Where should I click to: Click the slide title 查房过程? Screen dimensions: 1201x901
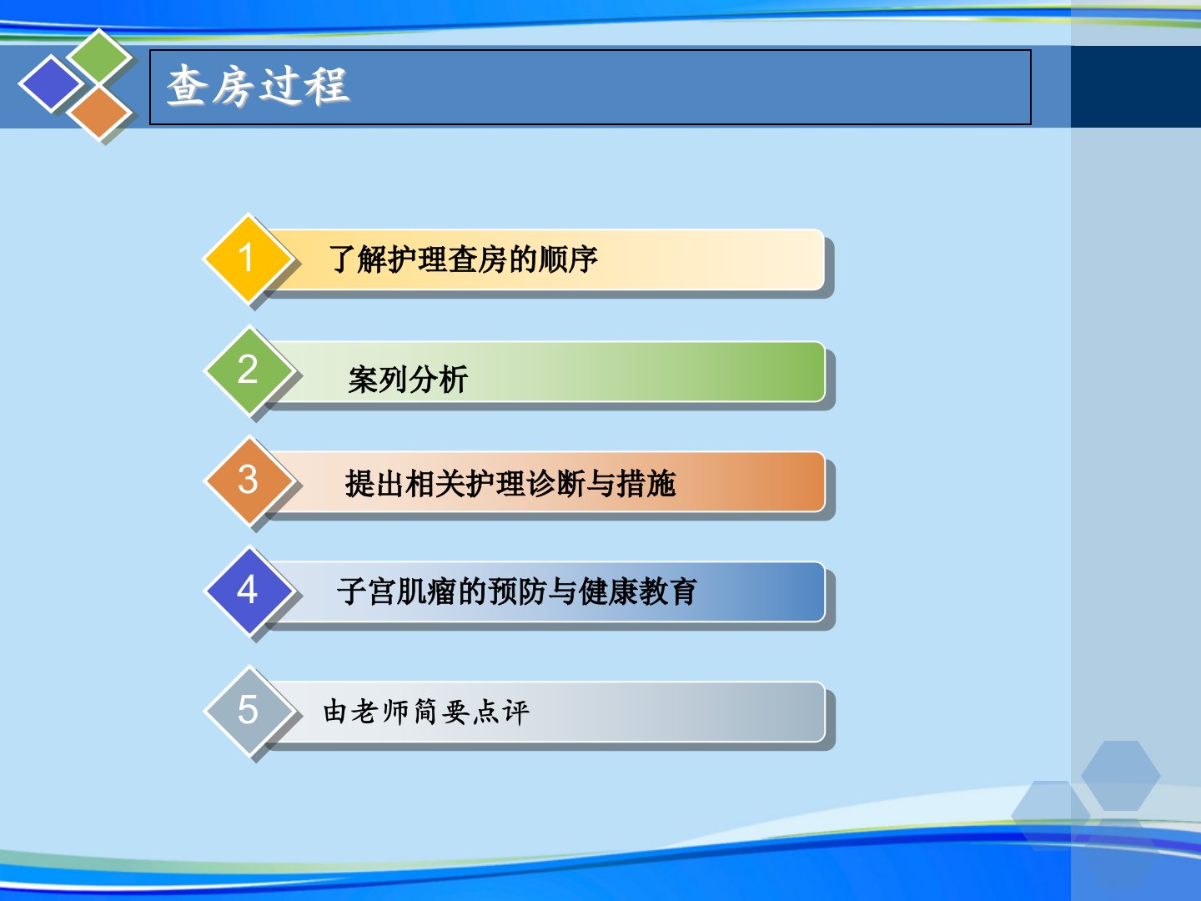coord(258,86)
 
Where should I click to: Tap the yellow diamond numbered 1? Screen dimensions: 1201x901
coord(248,259)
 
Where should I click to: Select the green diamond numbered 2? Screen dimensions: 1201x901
coord(249,370)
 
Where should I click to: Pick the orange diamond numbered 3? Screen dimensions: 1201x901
coord(249,481)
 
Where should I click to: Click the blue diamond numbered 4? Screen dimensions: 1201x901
coord(249,591)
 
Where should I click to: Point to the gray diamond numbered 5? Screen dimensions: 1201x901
coord(249,711)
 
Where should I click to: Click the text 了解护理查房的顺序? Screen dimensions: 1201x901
coord(463,259)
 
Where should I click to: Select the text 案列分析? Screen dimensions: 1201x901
coord(408,379)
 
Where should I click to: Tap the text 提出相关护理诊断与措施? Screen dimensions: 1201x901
coord(510,484)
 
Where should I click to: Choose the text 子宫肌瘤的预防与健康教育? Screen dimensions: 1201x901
coord(516,591)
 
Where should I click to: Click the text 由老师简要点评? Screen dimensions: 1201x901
coord(426,712)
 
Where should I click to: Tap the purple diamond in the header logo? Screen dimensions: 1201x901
coord(52,83)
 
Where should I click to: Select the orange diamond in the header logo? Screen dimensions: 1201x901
coord(99,113)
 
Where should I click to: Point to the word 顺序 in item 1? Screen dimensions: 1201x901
coord(569,259)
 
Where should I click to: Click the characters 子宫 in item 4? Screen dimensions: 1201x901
coord(367,591)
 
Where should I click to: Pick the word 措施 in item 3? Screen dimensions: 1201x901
coord(646,484)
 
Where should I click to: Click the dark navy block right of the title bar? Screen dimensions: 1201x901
coord(1136,87)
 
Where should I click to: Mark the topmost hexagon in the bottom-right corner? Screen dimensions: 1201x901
coord(1121,775)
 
